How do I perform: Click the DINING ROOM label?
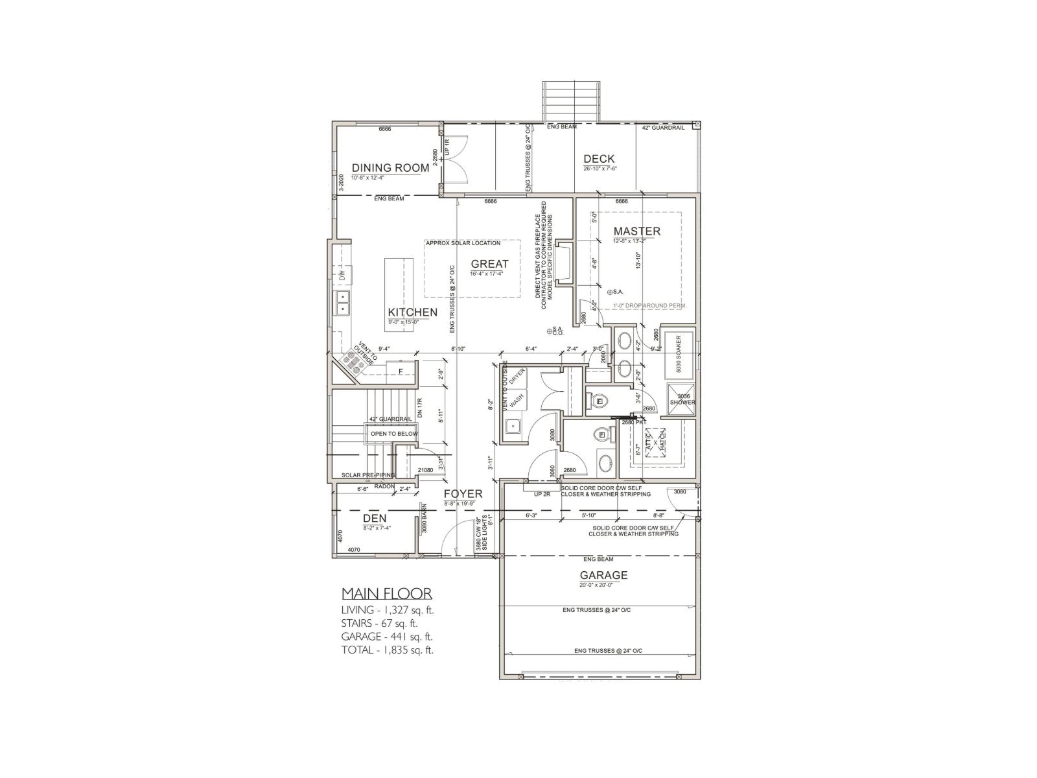tap(390, 168)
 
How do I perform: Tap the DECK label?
tap(599, 159)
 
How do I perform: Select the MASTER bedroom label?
tap(636, 231)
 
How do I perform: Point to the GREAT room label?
tap(489, 264)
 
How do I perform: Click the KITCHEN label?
tap(412, 312)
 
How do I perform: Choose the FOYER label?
tap(463, 494)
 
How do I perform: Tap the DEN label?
tap(375, 518)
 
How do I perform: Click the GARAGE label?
tap(603, 575)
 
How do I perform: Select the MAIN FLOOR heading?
tap(386, 594)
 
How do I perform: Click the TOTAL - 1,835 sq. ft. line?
tap(387, 650)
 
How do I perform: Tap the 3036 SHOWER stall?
tap(682, 399)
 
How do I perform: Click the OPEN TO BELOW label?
tap(394, 434)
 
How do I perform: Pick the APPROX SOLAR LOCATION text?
tap(463, 243)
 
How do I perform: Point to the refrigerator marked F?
tap(401, 371)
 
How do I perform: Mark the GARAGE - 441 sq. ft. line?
tap(387, 637)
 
